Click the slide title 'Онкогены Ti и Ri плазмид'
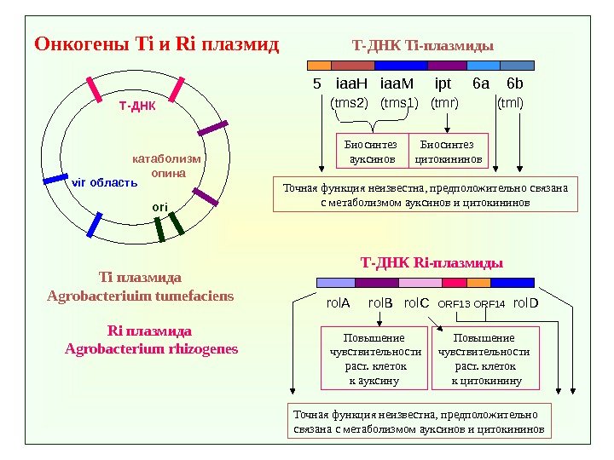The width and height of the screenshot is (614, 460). point(156,44)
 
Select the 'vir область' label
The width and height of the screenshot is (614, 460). point(103,182)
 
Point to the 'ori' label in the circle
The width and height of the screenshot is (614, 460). point(160,206)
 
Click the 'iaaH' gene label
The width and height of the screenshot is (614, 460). point(350,84)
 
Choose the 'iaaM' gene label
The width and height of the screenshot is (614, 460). point(396,84)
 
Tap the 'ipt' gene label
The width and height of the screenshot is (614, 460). point(443,84)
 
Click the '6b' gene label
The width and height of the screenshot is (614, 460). point(515,84)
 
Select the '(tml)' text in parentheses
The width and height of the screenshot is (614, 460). point(510,103)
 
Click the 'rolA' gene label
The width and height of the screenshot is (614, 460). point(339,302)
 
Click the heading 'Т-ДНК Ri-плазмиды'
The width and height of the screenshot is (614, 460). point(432,262)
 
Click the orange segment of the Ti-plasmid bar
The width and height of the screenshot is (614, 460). point(318,65)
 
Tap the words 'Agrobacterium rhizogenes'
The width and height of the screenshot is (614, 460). point(152,349)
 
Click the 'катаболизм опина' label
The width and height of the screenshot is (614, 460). point(167,165)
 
